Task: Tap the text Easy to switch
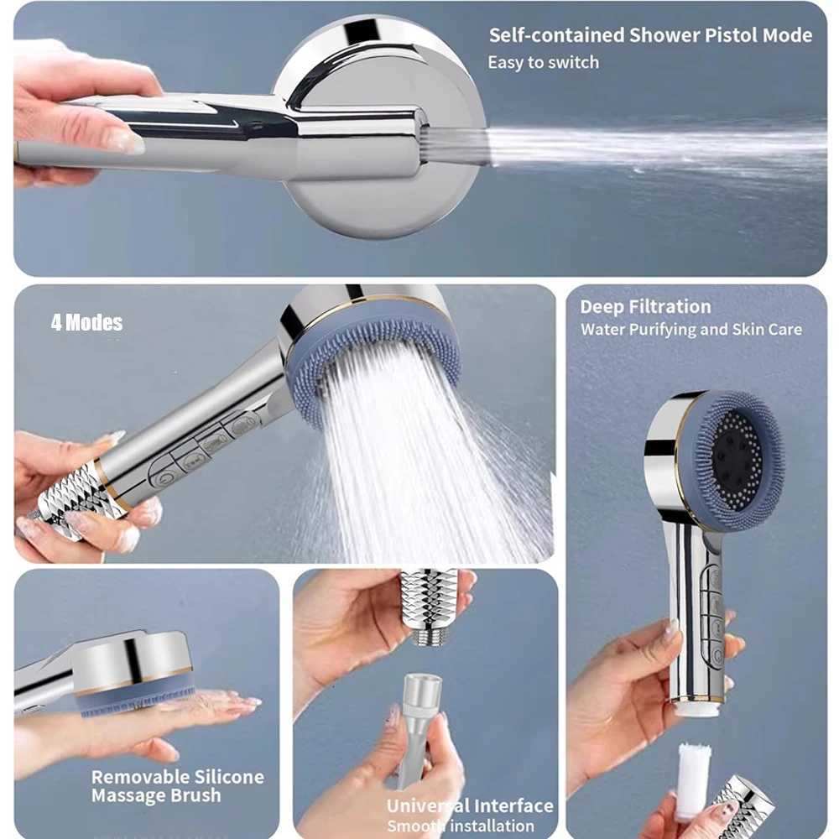click(543, 62)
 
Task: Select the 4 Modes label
click(86, 323)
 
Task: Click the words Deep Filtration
click(645, 307)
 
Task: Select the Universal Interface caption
click(470, 806)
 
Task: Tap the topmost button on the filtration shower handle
click(715, 578)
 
